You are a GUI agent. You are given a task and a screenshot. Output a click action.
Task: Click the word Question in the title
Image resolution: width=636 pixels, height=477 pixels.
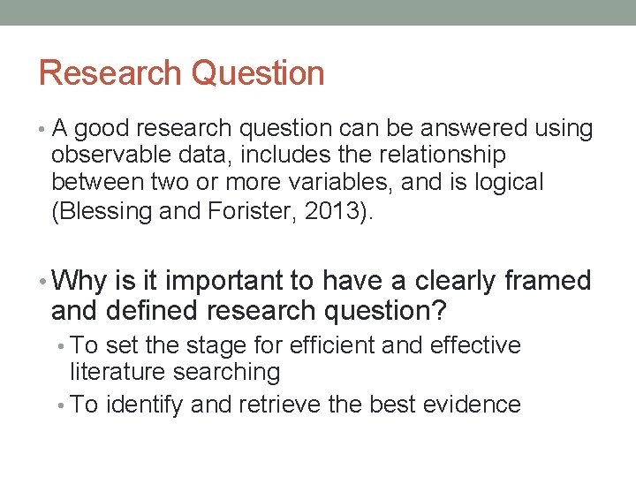258,73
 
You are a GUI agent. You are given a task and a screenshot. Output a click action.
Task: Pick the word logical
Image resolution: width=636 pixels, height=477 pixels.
510,183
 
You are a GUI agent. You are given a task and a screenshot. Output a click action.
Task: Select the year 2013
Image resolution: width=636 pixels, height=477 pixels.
333,211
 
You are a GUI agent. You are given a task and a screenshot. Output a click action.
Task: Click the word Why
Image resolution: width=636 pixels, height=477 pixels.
79,282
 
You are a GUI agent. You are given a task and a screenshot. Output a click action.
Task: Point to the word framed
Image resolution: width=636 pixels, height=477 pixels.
548,282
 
